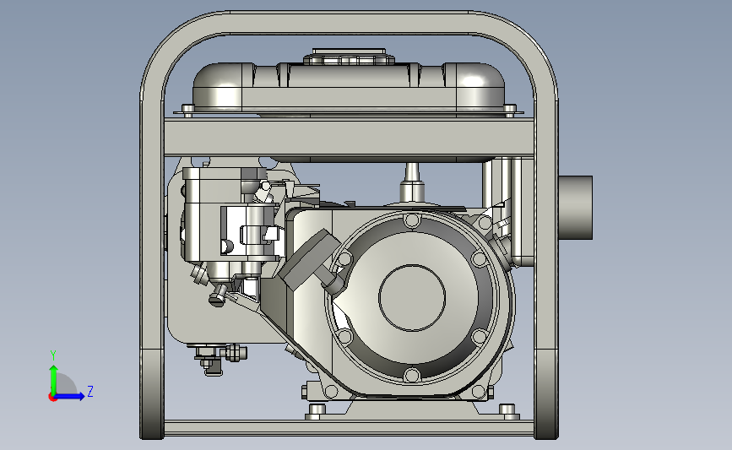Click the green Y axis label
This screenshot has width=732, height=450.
pos(53,355)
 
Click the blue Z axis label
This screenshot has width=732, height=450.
pos(90,391)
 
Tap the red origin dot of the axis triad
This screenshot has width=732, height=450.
pos(52,397)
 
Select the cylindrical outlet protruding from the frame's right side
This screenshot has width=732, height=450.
pos(575,208)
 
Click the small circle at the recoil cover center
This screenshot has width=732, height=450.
pos(412,298)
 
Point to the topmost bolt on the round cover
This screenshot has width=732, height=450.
pos(412,220)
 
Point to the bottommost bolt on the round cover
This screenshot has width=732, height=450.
pos(412,375)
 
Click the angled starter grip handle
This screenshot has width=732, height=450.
pos(310,259)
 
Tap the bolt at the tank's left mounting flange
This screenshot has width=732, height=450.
pos(187,111)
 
